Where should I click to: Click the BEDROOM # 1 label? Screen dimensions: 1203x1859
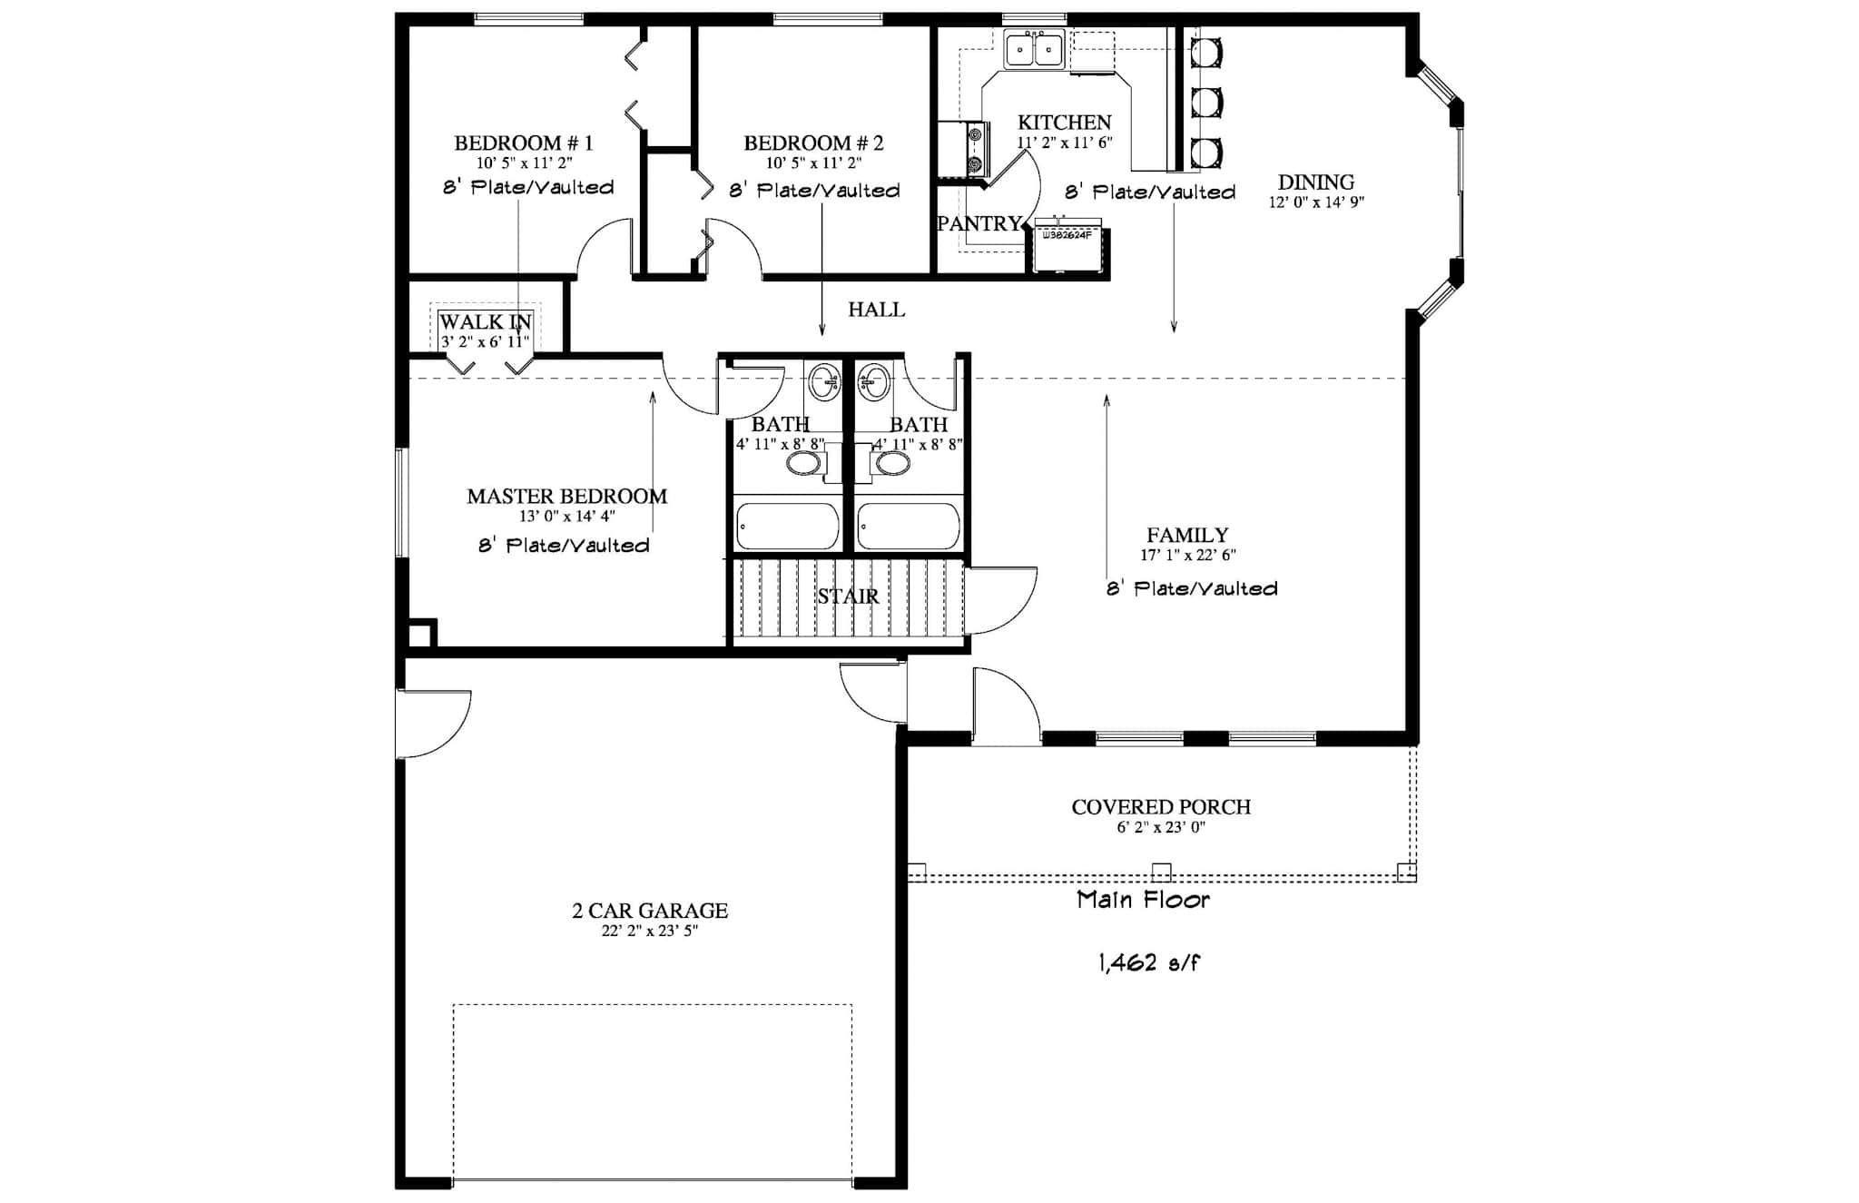click(x=523, y=143)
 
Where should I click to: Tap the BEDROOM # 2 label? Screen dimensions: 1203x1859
click(x=812, y=143)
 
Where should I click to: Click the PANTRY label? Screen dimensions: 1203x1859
click(x=979, y=223)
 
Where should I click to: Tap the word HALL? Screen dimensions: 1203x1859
click(x=876, y=310)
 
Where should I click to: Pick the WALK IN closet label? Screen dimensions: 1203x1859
click(x=485, y=322)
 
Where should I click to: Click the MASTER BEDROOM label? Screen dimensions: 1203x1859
click(x=566, y=497)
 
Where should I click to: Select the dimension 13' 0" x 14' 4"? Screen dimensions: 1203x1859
click(x=566, y=517)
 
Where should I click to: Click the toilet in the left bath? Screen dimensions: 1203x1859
click(x=803, y=464)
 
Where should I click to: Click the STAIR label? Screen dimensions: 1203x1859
click(x=848, y=597)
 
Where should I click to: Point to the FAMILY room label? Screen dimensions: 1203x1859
click(x=1187, y=536)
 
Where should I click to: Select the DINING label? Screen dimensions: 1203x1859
click(x=1315, y=182)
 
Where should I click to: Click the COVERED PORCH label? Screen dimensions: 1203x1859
click(x=1161, y=807)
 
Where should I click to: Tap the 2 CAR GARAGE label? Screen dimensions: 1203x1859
click(x=650, y=911)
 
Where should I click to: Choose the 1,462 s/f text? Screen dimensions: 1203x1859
click(x=1149, y=963)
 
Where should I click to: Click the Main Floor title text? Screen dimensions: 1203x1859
click(x=1143, y=901)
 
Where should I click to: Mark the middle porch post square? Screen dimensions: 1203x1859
click(x=1161, y=873)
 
